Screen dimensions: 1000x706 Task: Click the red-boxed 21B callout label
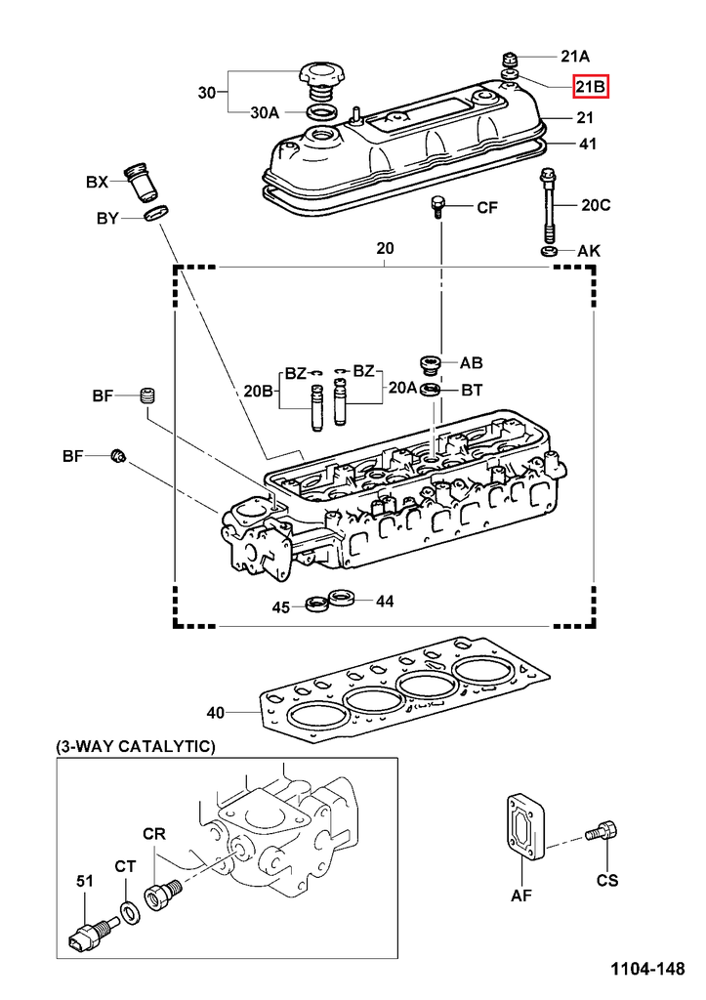coord(591,88)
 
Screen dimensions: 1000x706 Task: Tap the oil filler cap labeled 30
coord(322,75)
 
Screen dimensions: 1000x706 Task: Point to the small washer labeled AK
coord(550,253)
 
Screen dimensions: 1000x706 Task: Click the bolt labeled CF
coord(438,207)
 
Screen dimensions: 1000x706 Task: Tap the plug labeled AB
coord(430,364)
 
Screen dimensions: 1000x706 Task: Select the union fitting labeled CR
coord(159,894)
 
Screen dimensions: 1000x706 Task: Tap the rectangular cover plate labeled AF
coord(525,829)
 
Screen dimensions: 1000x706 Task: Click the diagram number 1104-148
coord(647,970)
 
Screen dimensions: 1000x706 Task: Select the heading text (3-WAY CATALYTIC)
coord(136,746)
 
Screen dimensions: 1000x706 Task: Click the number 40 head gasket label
coord(215,712)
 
